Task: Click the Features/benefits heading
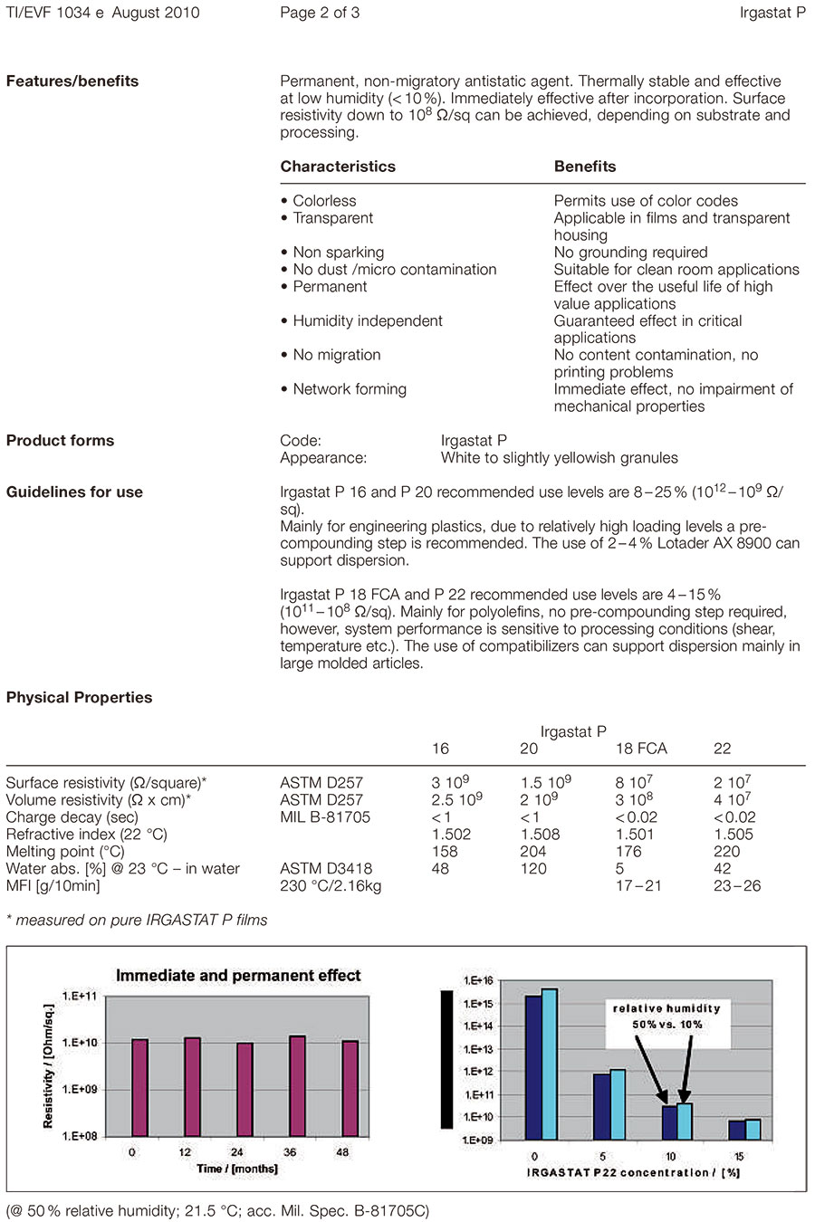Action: pos(72,81)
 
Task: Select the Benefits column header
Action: pos(585,167)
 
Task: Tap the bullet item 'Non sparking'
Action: pos(332,253)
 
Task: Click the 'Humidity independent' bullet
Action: pos(361,321)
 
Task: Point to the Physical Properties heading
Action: pos(79,698)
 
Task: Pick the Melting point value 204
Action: pos(533,852)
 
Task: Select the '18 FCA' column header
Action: pos(641,749)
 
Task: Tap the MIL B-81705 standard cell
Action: pos(325,817)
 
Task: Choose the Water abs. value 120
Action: pos(533,869)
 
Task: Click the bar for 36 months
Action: pos(297,1085)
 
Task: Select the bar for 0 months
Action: pos(139,1087)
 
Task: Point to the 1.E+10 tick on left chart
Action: pos(80,1043)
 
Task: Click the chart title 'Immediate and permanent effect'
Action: pos(238,976)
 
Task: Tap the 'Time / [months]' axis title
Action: pos(237,1169)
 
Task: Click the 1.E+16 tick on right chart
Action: pos(477,981)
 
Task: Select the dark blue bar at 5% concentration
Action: pos(601,1106)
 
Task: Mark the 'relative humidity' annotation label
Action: pos(666,1008)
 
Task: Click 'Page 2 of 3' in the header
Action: pos(320,14)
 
